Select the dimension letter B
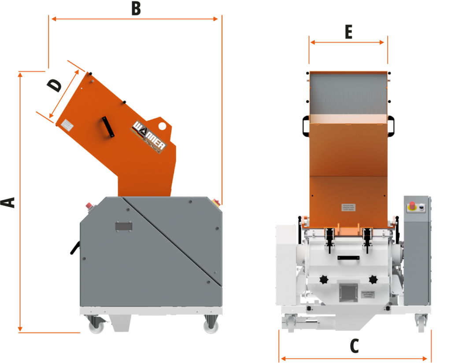coord(136,9)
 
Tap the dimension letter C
coord(354,346)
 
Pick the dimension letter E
coord(348,32)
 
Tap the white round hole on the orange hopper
coord(163,126)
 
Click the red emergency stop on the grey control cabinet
coord(412,205)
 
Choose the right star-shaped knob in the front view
coord(373,279)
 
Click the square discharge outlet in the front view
coord(347,293)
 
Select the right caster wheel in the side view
coord(210,325)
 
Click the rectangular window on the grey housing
coord(124,226)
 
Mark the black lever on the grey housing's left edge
coord(74,248)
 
